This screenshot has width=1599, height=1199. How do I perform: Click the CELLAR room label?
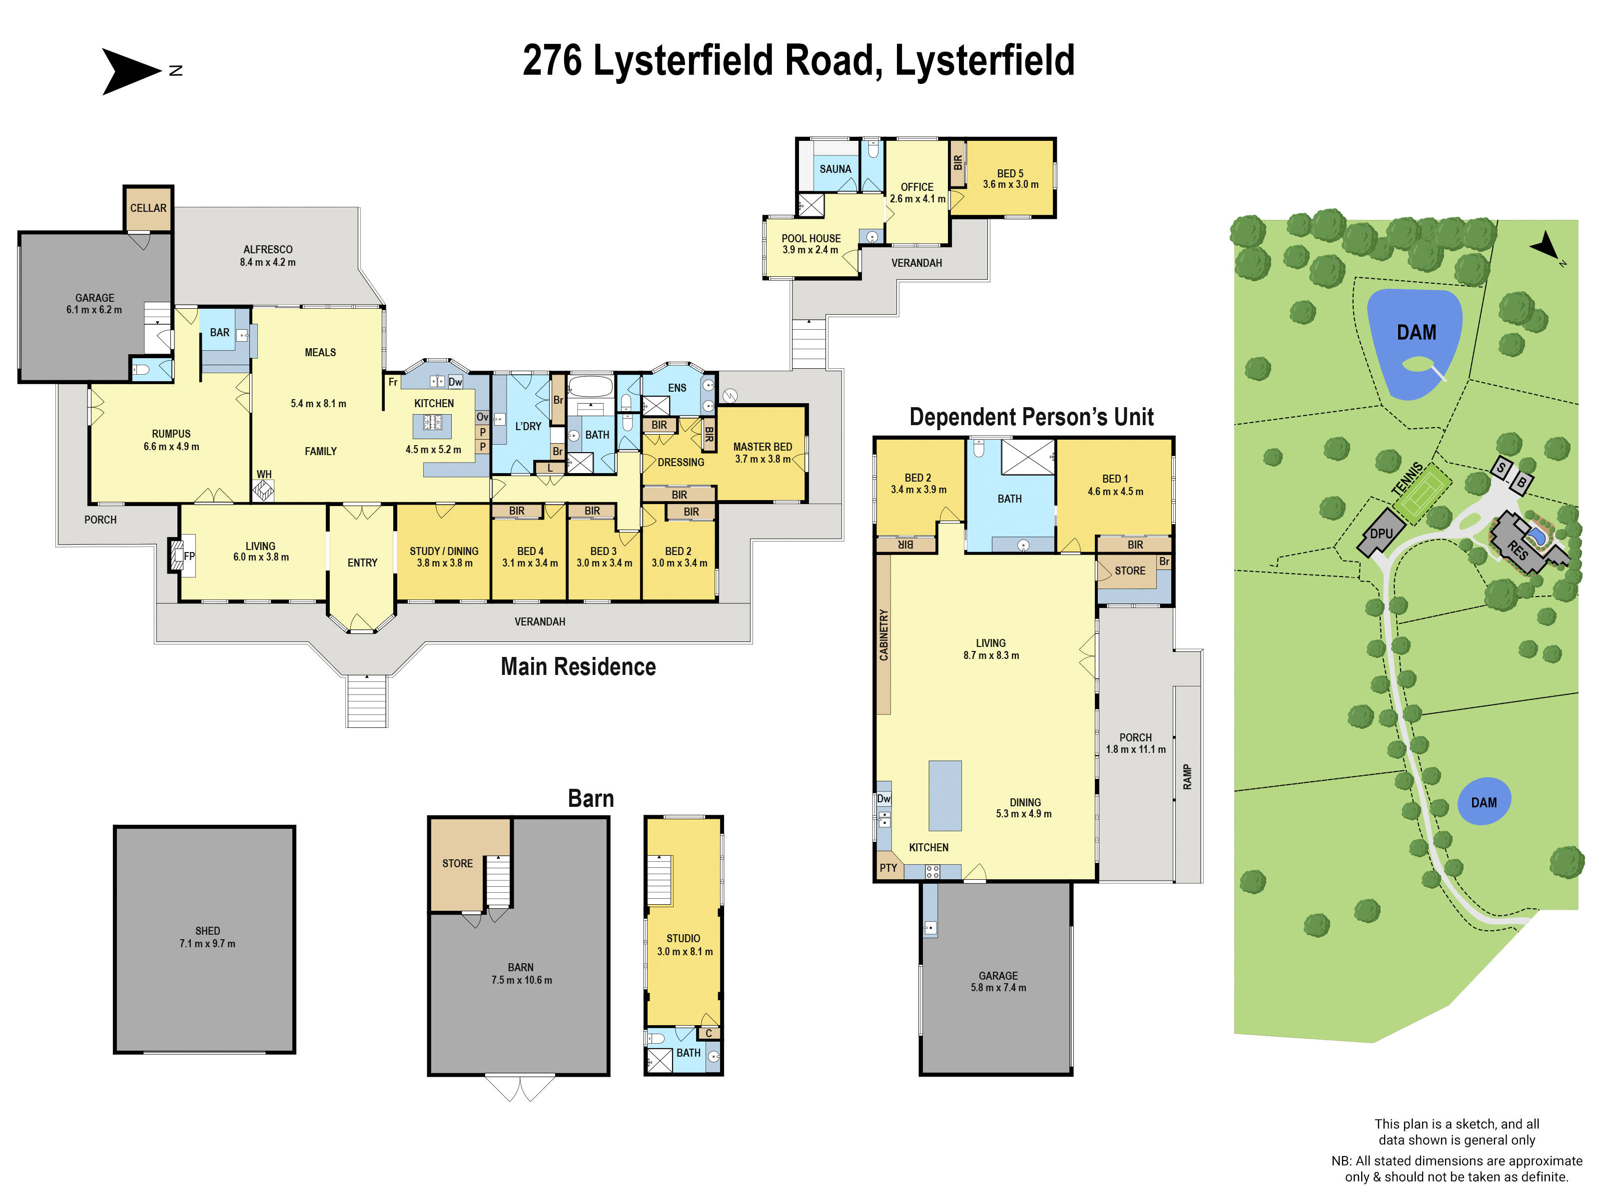[148, 208]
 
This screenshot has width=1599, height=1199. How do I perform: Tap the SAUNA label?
[835, 169]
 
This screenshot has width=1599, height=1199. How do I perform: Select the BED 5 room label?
[1010, 173]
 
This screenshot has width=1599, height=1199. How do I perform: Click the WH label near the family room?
[264, 475]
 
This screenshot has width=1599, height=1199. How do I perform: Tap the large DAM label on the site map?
[1416, 332]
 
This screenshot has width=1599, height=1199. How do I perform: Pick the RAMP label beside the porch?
[1187, 777]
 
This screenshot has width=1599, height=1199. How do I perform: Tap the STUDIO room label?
[683, 938]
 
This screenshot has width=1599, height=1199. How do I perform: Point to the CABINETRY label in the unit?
[883, 634]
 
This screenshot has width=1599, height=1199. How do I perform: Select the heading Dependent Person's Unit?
[1031, 417]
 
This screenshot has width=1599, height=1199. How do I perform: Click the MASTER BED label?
[762, 447]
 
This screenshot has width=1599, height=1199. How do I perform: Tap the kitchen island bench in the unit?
[945, 795]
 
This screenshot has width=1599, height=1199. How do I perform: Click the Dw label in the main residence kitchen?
[455, 382]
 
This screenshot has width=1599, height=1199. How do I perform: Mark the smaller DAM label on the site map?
[1484, 803]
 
